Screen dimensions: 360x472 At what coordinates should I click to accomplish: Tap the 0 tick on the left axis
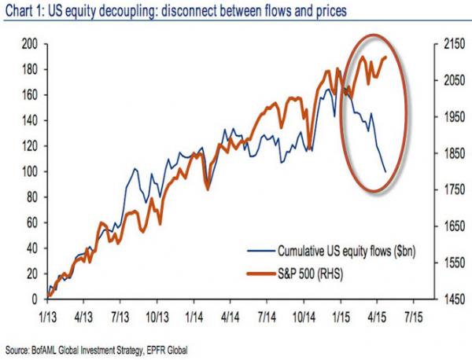32,299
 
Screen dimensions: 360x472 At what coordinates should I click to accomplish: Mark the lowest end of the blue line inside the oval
385,171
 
